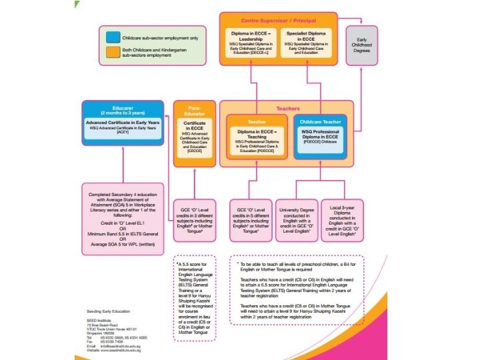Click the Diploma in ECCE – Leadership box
pos(251,44)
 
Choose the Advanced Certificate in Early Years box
pos(123,128)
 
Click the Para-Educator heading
pos(194,109)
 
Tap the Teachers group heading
pos(288,108)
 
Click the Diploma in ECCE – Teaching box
pos(257,137)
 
